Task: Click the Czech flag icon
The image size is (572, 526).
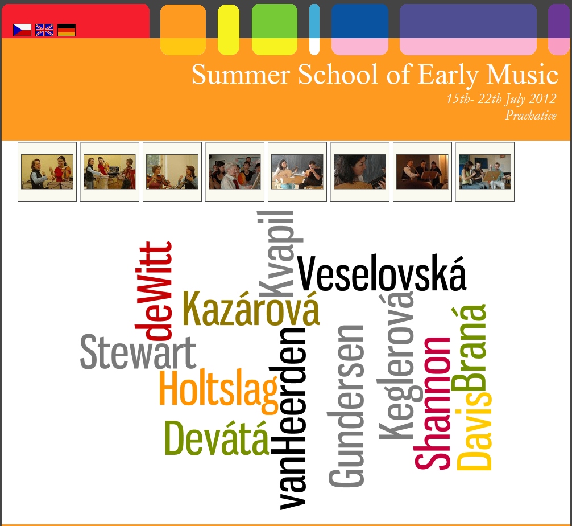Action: (22, 30)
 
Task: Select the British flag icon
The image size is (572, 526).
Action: (44, 30)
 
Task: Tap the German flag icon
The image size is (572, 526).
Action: (67, 30)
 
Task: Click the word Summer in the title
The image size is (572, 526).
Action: (241, 75)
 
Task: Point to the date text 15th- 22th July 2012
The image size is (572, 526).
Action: (501, 99)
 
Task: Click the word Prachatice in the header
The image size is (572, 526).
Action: (531, 116)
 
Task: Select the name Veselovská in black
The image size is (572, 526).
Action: (382, 273)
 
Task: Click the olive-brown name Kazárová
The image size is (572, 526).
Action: (251, 307)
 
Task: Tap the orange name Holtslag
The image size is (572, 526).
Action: (218, 391)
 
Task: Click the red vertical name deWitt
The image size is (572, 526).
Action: (154, 290)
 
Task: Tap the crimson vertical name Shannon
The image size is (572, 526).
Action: (432, 403)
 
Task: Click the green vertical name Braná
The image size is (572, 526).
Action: (470, 349)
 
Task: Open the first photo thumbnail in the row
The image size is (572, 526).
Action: (47, 172)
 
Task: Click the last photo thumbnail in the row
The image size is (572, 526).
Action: (485, 172)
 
